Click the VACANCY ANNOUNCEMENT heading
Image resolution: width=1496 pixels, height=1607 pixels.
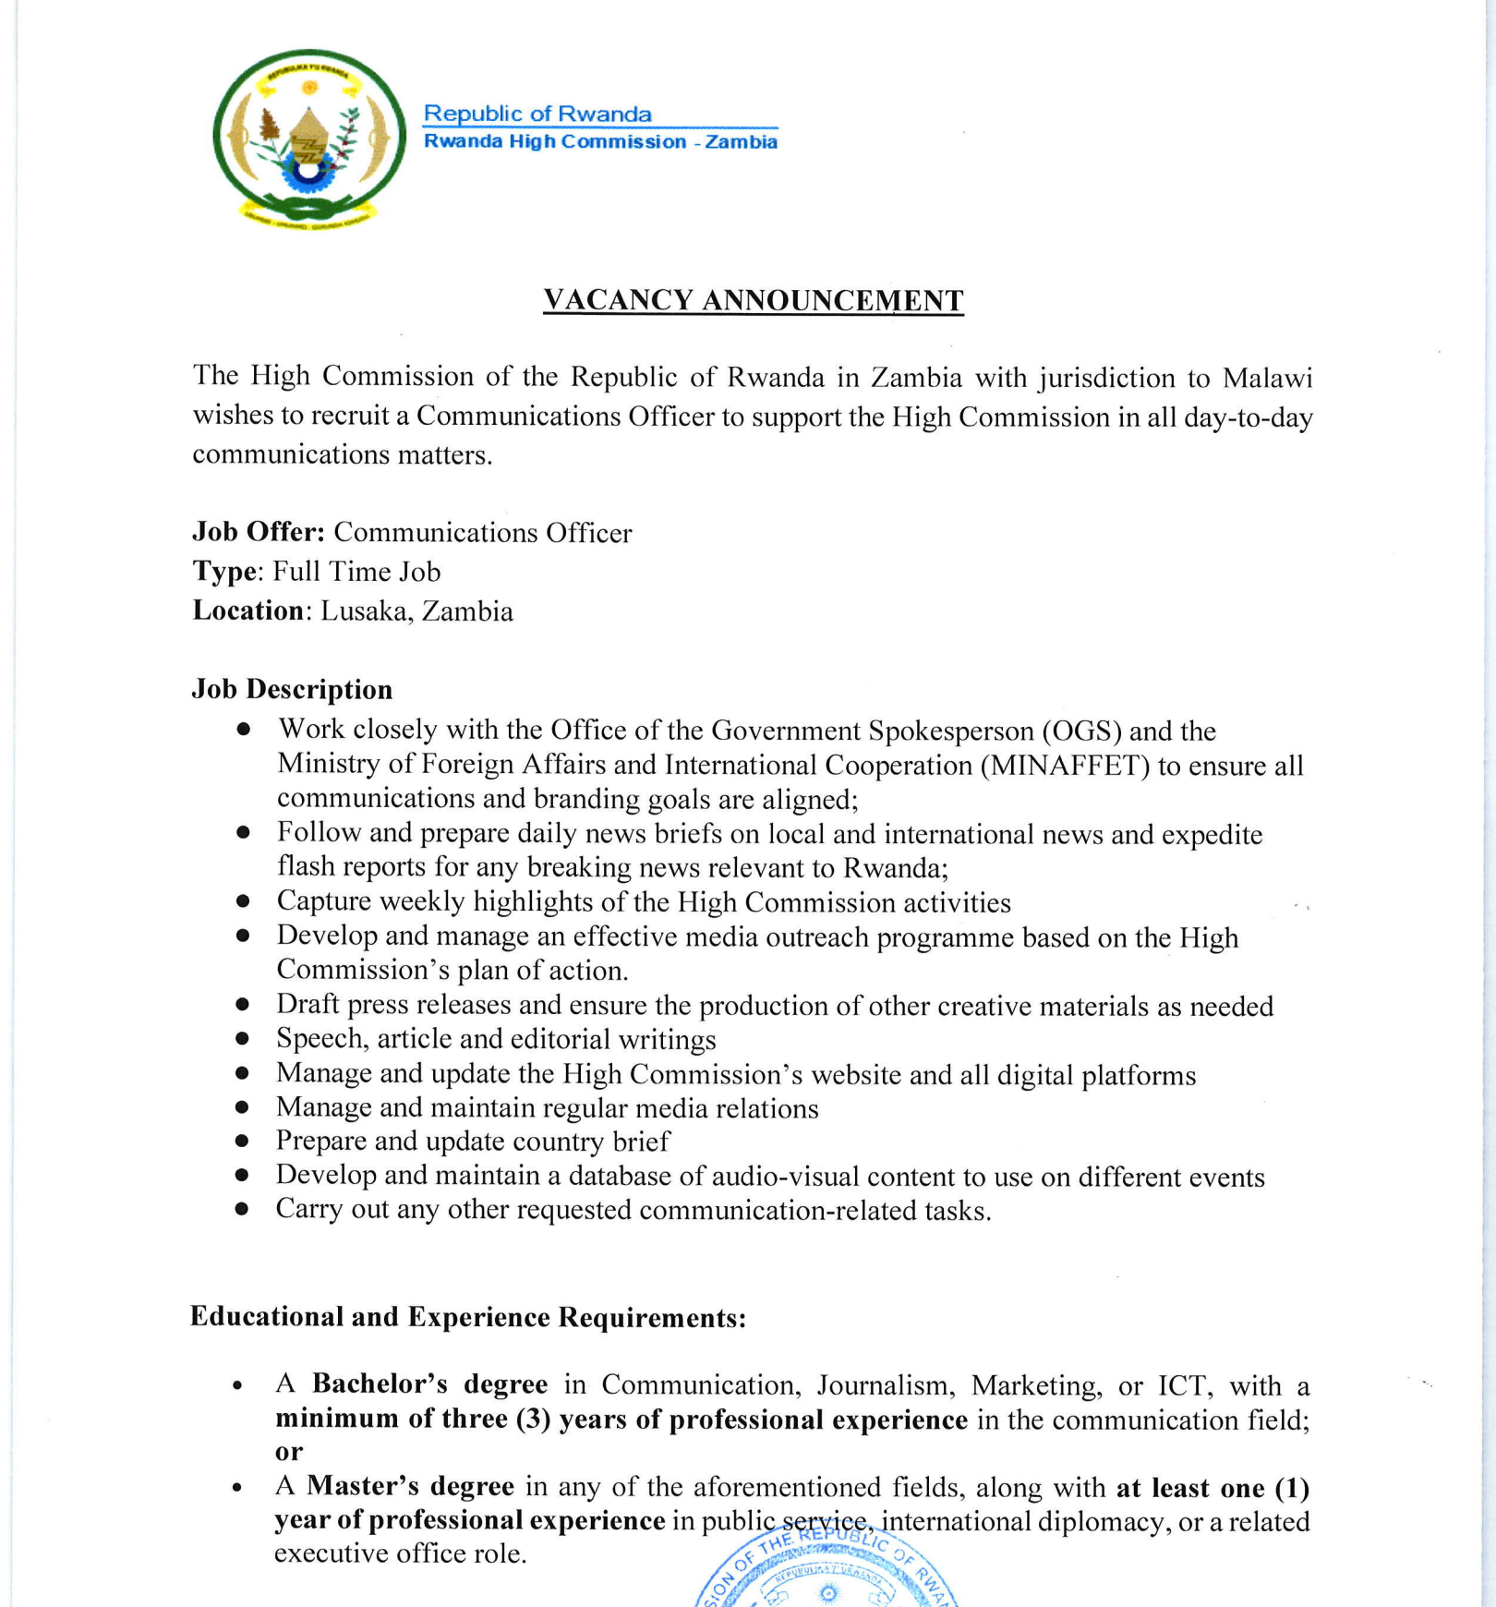[x=753, y=301]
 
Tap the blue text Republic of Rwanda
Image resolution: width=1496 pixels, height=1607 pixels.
[x=537, y=114]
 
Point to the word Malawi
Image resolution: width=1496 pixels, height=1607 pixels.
[x=1267, y=379]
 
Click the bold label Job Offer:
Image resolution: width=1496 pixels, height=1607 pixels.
[x=258, y=532]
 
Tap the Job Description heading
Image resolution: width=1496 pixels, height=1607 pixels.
[x=292, y=689]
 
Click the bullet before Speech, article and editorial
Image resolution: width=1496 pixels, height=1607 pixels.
[x=243, y=1039]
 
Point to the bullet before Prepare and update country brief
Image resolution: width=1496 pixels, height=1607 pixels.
[x=242, y=1142]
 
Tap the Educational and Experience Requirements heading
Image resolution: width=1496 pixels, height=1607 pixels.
[x=467, y=1317]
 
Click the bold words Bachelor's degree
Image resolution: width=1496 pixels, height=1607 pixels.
[x=429, y=1384]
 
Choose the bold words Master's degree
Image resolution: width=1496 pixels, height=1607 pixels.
[x=410, y=1486]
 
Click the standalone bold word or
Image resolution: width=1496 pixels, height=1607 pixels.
[x=288, y=1452]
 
